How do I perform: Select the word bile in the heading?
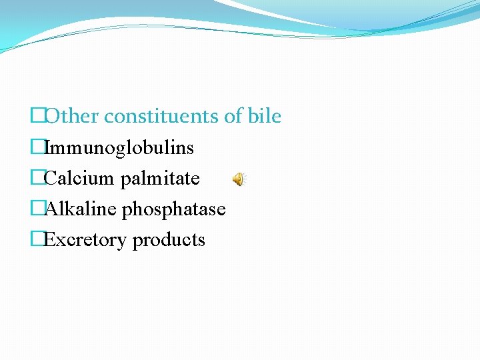point(265,117)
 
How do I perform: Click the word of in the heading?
point(233,117)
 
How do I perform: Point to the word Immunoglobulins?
point(119,148)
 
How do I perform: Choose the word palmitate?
point(160,179)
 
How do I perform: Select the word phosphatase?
point(175,210)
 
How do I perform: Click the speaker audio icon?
point(239,179)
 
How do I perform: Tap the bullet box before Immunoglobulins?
point(37,148)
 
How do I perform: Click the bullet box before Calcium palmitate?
point(37,179)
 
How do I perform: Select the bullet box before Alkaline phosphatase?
point(37,209)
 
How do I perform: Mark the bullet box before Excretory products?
point(37,240)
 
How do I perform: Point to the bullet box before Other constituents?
point(37,117)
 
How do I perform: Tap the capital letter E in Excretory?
point(49,240)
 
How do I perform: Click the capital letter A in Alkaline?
point(50,209)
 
